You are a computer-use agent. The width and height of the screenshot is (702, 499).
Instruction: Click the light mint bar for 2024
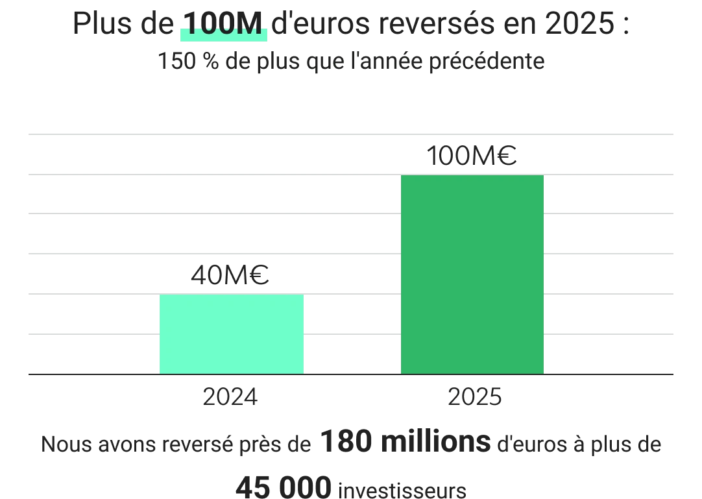point(232,334)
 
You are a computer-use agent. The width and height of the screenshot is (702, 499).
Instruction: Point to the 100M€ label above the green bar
point(472,156)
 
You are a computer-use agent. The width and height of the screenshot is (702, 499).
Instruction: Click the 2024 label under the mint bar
point(230,395)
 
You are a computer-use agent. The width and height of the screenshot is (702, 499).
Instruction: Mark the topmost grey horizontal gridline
point(350,132)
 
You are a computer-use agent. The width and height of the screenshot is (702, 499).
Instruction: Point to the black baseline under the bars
point(350,376)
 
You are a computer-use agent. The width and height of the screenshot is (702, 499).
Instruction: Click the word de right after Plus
point(156,26)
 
